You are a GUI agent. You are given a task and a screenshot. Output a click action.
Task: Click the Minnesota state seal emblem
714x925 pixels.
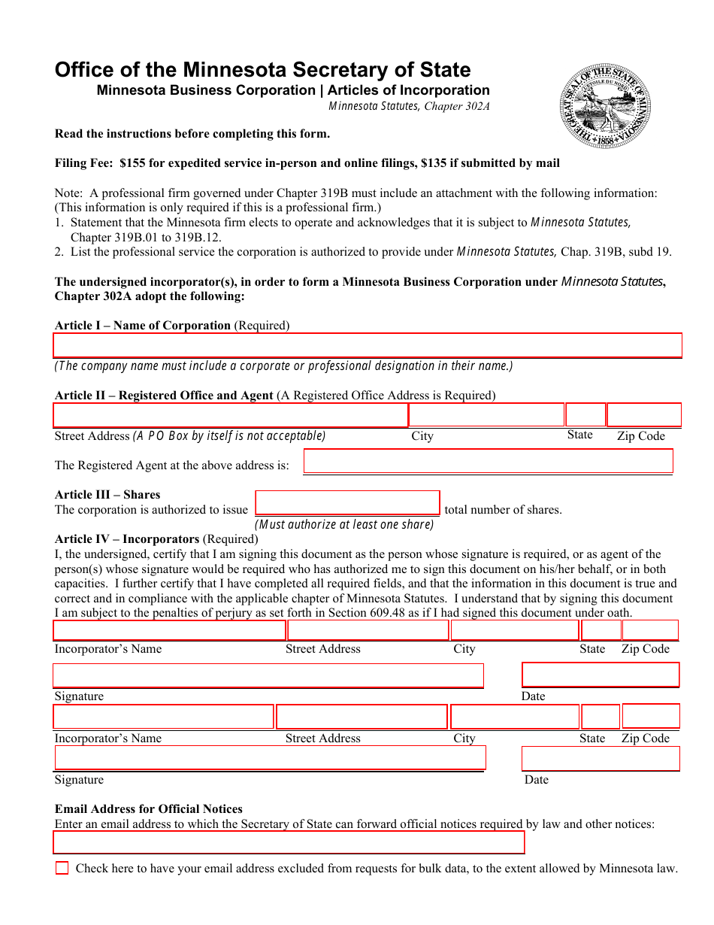[x=605, y=106]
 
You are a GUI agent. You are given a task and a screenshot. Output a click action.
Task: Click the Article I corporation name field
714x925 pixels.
[x=368, y=345]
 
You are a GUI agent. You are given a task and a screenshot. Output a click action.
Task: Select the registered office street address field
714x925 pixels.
[x=230, y=415]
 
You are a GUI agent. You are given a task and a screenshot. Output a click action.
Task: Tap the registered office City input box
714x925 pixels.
[x=486, y=415]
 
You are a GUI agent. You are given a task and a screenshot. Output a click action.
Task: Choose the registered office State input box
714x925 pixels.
[x=585, y=415]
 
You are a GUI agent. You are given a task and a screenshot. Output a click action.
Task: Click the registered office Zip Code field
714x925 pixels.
[x=643, y=415]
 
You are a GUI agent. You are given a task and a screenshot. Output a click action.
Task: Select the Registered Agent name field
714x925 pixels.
[x=488, y=461]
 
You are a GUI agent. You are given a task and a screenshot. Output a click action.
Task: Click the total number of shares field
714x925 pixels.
[x=347, y=502]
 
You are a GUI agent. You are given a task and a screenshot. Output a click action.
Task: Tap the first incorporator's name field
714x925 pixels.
[x=169, y=630]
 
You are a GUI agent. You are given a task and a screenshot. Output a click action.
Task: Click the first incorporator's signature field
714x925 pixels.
[x=268, y=675]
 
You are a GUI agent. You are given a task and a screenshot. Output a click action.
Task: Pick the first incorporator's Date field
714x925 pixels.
[x=601, y=675]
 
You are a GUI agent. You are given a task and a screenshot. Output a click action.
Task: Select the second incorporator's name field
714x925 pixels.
[x=163, y=717]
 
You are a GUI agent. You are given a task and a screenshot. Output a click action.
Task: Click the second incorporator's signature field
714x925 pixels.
[x=270, y=757]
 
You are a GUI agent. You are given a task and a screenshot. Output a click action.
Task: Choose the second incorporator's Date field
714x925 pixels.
[x=601, y=758]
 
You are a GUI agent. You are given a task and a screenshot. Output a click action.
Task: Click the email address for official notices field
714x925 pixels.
[x=289, y=842]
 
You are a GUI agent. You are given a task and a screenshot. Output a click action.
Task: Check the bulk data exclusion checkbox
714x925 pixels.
[x=62, y=868]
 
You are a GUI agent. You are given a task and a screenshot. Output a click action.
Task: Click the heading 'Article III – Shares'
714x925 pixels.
[x=107, y=495]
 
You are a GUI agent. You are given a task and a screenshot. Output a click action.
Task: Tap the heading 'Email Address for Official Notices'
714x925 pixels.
[x=149, y=809]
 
